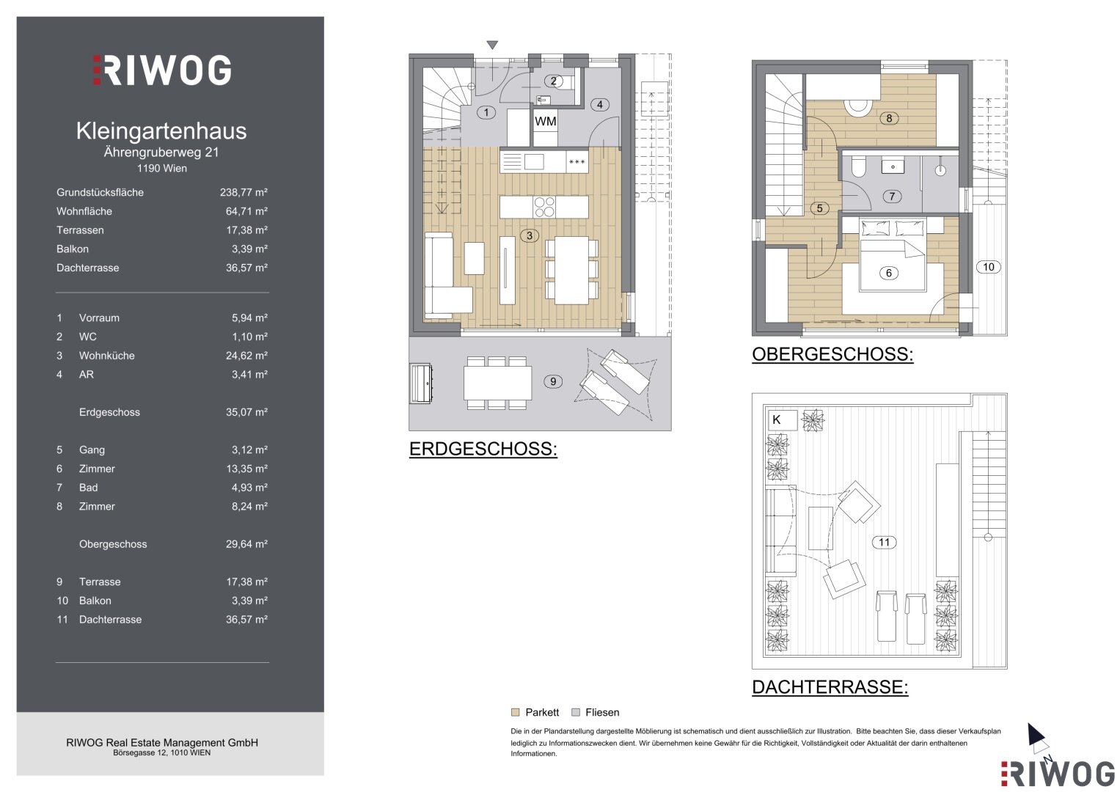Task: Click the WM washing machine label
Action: pyautogui.click(x=545, y=122)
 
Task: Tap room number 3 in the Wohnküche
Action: pyautogui.click(x=530, y=235)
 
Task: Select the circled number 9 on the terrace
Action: pyautogui.click(x=553, y=381)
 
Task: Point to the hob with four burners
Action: pyautogui.click(x=544, y=207)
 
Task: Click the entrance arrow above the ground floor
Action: pyautogui.click(x=492, y=45)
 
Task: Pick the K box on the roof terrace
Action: pyautogui.click(x=782, y=420)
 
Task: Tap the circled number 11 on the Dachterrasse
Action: pyautogui.click(x=884, y=542)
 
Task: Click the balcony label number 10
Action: pyautogui.click(x=989, y=267)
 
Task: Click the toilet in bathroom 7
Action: pyautogui.click(x=859, y=167)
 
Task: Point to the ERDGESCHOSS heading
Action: pyautogui.click(x=483, y=449)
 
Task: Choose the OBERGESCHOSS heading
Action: pyautogui.click(x=832, y=354)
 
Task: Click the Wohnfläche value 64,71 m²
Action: pyautogui.click(x=246, y=211)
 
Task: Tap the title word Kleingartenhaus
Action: pyautogui.click(x=161, y=131)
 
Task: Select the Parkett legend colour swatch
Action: pyautogui.click(x=515, y=713)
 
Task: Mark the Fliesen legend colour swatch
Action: pyautogui.click(x=576, y=713)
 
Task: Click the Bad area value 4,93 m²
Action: pyautogui.click(x=249, y=488)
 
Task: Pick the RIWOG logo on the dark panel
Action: pyautogui.click(x=163, y=70)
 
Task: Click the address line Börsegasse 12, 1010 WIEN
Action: pyautogui.click(x=161, y=753)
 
